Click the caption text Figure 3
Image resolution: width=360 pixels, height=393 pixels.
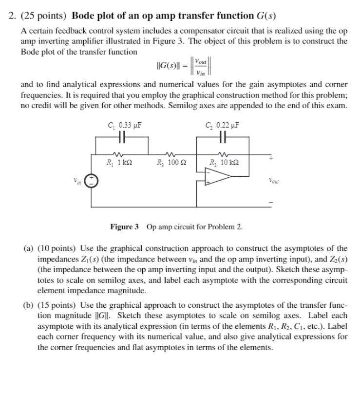(124, 227)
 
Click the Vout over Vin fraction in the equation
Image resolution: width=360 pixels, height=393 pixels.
(201, 67)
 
